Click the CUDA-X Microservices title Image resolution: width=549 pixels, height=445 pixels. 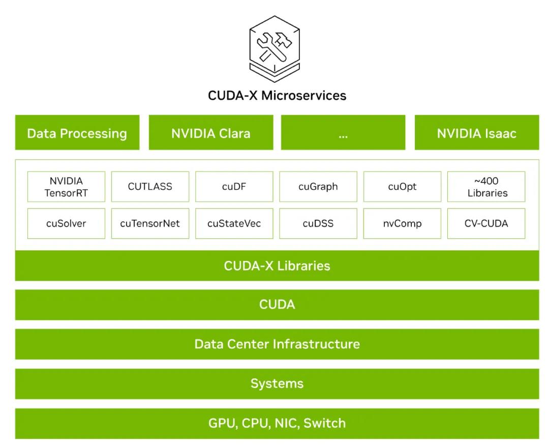point(277,95)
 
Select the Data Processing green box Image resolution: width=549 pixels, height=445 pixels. point(77,133)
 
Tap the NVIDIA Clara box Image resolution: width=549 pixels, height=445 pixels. point(211,133)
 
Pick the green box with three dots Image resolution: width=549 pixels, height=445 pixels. point(343,133)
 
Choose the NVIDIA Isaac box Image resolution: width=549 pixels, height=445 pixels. point(477,133)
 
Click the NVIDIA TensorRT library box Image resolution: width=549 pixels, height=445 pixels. point(66,187)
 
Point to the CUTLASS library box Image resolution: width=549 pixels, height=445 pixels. point(150,187)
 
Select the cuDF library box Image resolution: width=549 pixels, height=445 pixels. point(234,187)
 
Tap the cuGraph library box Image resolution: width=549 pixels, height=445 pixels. point(318,187)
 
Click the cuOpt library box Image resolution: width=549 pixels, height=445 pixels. point(402,187)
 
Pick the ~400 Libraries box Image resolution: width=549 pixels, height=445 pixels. point(486,187)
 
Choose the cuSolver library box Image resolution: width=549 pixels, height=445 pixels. point(66,223)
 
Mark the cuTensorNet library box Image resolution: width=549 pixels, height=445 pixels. point(150,223)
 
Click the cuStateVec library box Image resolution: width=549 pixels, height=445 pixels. point(234,223)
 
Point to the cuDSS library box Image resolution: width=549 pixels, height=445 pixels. point(318,223)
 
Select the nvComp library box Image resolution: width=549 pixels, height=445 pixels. point(402,223)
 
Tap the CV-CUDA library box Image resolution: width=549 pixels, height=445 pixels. point(486,223)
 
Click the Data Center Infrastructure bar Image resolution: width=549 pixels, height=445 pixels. point(277,344)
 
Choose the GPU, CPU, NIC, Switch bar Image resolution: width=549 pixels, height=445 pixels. point(277,423)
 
